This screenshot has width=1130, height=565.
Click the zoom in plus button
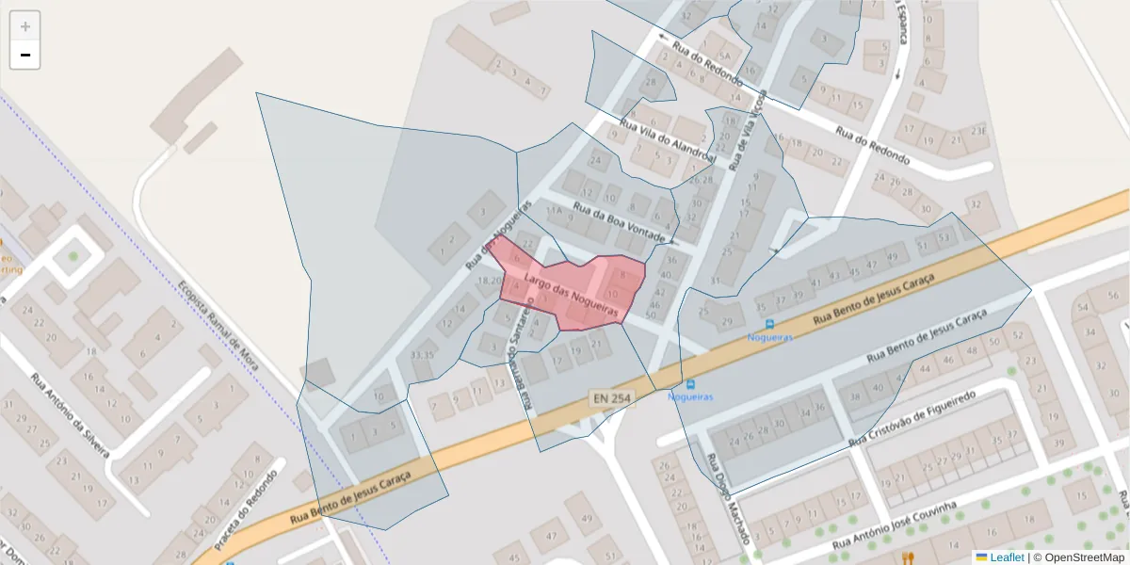coord(25,26)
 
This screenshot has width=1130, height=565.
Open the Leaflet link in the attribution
coord(1006,557)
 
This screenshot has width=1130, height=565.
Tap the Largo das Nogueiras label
coord(571,294)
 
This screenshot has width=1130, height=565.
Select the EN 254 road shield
coord(610,398)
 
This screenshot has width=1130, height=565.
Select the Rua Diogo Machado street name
coord(729,499)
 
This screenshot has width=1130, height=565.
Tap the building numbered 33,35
coord(423,355)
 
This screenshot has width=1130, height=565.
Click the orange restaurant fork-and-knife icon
coord(909,557)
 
